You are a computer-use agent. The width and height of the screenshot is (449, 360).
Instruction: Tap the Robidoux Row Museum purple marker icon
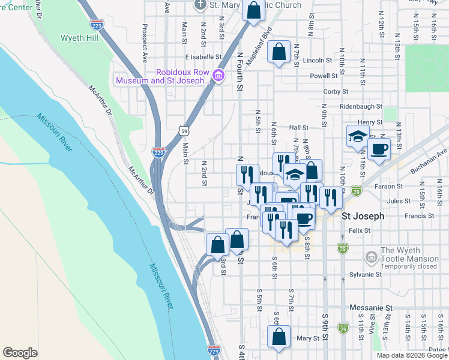point(218,76)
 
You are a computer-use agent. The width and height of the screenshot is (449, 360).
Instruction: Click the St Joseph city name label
point(362,216)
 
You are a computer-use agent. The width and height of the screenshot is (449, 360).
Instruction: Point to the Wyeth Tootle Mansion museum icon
point(372,258)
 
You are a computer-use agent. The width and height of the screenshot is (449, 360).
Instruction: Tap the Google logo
point(20,353)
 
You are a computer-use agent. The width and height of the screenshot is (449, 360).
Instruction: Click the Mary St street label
point(307,338)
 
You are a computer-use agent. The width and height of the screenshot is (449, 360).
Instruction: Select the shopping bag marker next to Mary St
point(279,338)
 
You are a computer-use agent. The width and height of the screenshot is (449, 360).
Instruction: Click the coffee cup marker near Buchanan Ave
point(378,149)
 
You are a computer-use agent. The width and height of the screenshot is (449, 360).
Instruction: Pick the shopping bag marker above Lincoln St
point(279,52)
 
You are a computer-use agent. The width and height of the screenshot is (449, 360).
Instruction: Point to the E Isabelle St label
point(203,56)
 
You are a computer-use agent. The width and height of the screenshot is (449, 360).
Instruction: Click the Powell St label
point(324,76)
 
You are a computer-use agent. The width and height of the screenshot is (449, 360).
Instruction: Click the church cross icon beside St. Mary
point(200,5)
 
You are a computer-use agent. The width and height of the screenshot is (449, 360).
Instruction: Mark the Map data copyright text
point(411,355)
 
